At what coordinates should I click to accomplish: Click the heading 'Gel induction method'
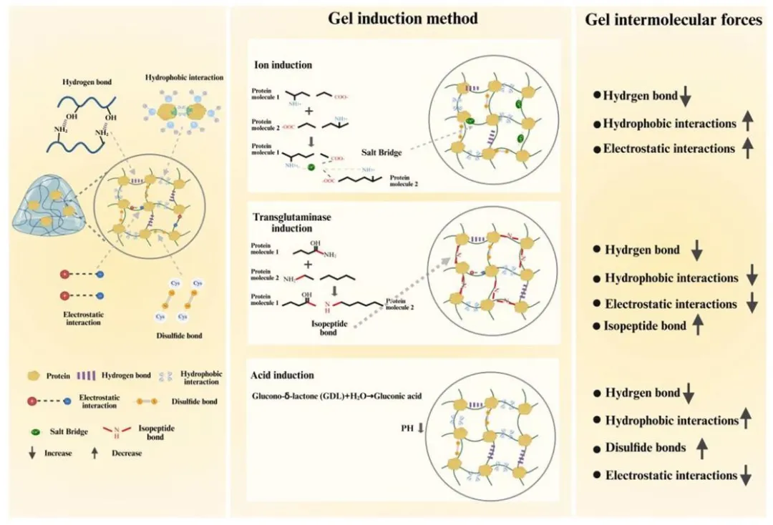click(403, 19)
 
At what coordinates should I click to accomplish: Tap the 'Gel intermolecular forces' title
click(674, 20)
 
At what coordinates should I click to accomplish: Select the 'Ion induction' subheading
click(283, 65)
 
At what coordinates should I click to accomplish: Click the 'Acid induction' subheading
click(283, 375)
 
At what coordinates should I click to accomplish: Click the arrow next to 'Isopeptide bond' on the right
click(699, 326)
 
